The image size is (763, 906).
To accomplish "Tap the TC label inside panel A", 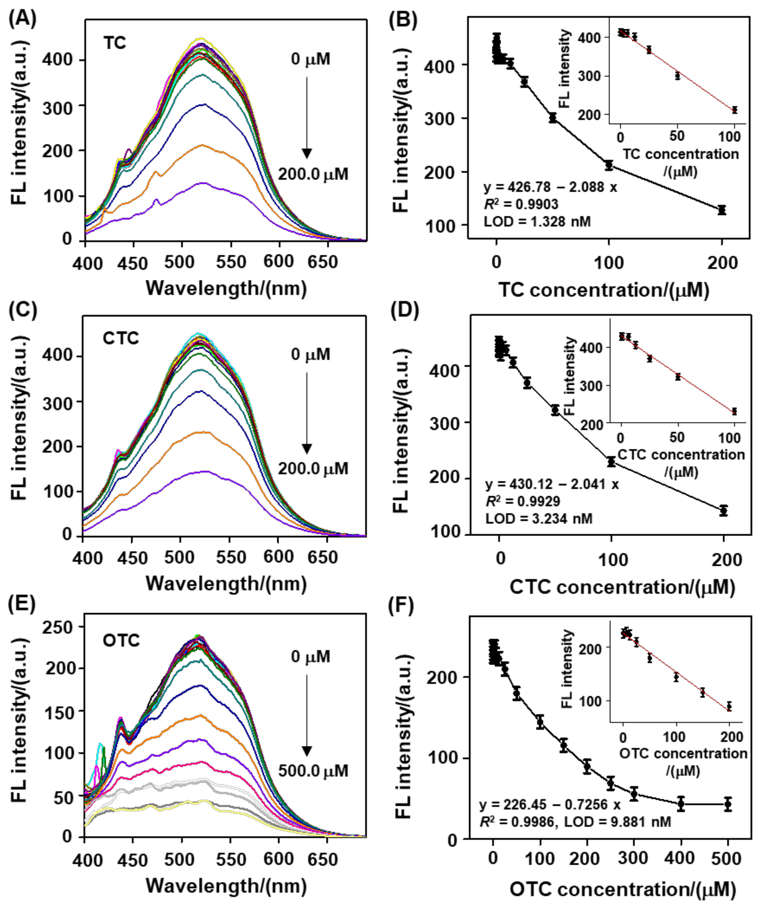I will [115, 43].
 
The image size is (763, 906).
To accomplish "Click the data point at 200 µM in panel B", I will [721, 210].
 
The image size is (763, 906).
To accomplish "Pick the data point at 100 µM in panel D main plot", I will [611, 462].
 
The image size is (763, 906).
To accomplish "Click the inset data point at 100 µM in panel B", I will [734, 110].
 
